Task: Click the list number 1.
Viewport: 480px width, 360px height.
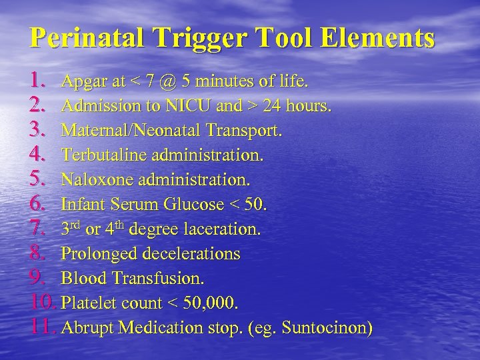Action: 38,81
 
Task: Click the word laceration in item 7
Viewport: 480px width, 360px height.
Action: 225,229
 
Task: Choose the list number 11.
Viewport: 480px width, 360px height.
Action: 43,327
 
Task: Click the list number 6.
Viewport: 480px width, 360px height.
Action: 38,204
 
